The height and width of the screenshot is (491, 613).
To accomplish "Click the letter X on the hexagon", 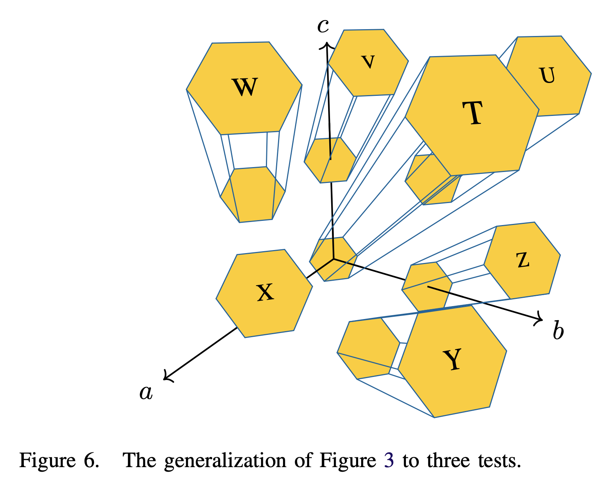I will [x=265, y=292].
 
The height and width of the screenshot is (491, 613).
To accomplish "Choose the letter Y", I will [x=453, y=360].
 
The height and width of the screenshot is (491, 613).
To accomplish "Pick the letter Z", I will [x=523, y=260].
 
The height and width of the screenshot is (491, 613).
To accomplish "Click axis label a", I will [x=146, y=392].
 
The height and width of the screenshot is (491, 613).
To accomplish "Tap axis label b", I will [x=558, y=331].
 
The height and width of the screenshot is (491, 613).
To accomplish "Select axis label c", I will [x=323, y=26].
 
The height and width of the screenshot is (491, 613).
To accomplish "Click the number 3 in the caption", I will [x=389, y=461].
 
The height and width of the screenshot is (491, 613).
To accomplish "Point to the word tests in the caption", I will [x=498, y=461].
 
